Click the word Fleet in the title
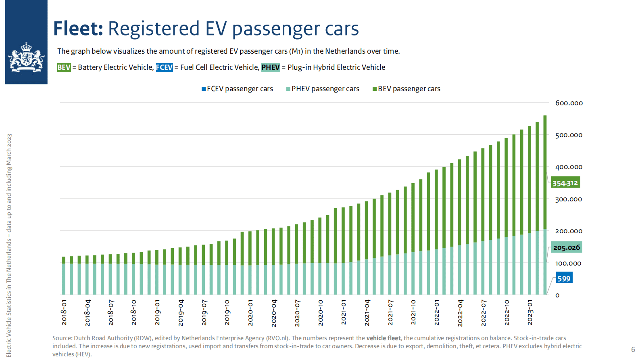pos(78,29)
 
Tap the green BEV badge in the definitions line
pos(64,67)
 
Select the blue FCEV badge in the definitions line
pos(165,67)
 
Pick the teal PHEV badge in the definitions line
pos(270,67)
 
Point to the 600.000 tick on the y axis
pos(569,103)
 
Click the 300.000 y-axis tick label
pos(568,199)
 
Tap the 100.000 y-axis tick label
pos(568,263)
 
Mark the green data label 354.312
pos(565,183)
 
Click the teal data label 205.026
pos(567,247)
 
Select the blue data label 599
pos(564,278)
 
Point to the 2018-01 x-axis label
pos(64,312)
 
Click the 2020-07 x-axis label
pos(297,313)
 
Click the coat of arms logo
pos(26,57)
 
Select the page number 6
pos(633,350)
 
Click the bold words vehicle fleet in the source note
pos(383,338)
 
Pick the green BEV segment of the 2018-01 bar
pos(64,260)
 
